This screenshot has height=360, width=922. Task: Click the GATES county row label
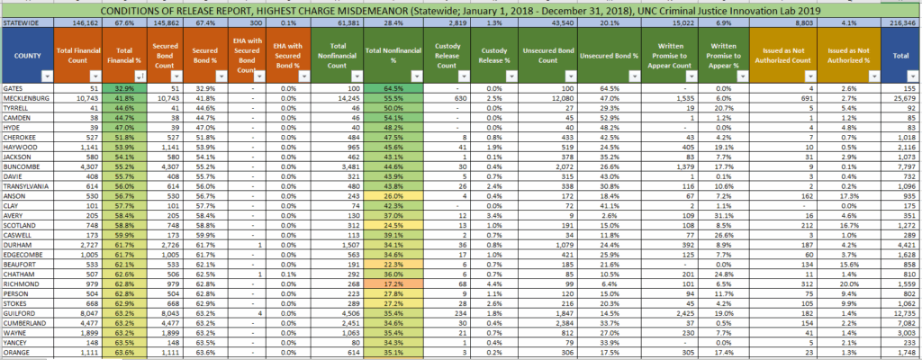tap(14, 88)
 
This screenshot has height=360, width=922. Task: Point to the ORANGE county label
tap(17, 353)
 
